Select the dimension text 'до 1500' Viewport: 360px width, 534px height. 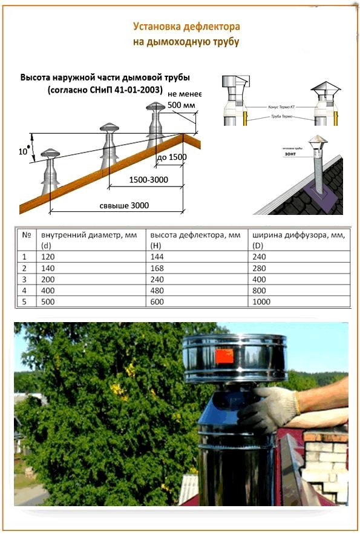click(x=171, y=157)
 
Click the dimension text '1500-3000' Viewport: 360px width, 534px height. click(x=148, y=180)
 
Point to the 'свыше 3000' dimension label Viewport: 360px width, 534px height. click(x=124, y=205)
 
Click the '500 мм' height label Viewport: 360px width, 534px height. click(x=182, y=105)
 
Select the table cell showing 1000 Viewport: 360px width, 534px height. click(x=262, y=301)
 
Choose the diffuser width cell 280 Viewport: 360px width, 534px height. click(x=260, y=268)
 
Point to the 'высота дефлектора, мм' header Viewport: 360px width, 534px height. click(x=195, y=234)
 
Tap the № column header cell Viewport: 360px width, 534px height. click(x=26, y=234)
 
